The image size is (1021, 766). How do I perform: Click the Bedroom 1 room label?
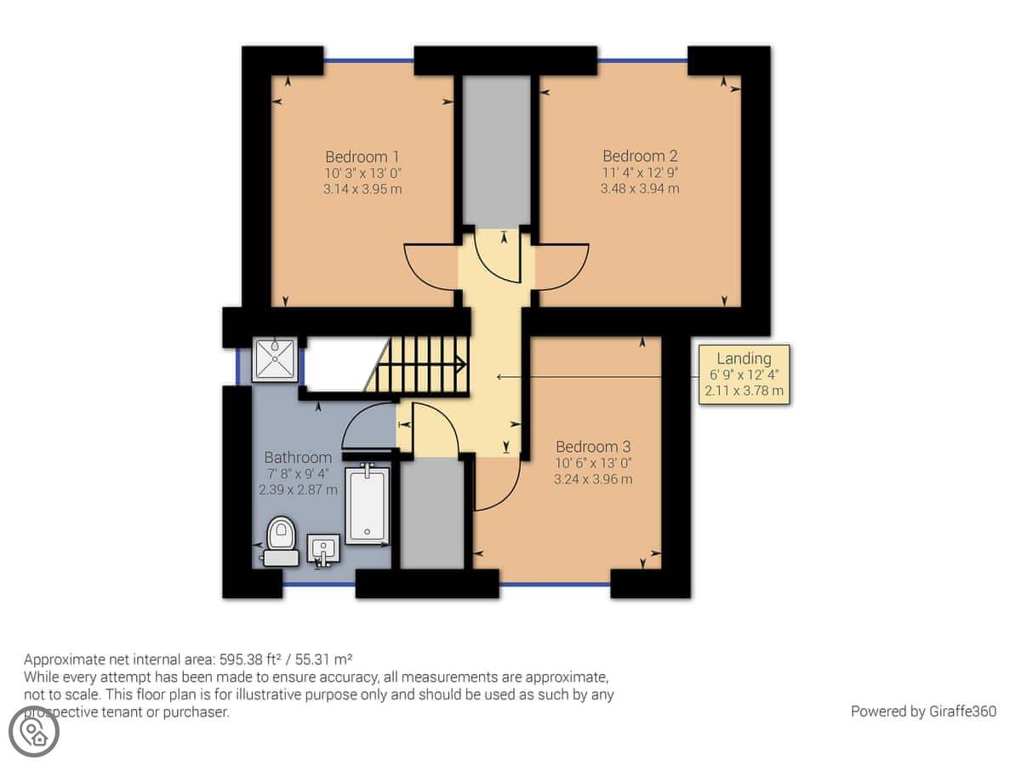click(x=362, y=157)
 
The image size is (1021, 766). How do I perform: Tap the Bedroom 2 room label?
click(x=640, y=156)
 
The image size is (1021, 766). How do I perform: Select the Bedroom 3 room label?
click(x=593, y=447)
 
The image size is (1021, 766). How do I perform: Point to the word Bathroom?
click(x=298, y=457)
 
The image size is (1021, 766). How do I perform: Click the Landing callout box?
click(x=744, y=374)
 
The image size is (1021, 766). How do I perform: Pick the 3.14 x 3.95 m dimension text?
click(x=362, y=189)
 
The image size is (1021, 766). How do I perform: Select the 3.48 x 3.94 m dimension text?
click(x=640, y=188)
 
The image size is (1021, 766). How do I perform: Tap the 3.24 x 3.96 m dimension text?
click(x=593, y=479)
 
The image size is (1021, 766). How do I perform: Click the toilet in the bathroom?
click(x=282, y=541)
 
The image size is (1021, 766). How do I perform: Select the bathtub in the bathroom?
click(x=368, y=505)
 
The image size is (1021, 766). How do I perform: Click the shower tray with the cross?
click(x=275, y=360)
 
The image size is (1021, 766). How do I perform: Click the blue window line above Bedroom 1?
click(x=368, y=60)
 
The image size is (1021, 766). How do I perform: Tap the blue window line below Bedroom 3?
click(x=555, y=584)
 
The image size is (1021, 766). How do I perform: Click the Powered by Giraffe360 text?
click(x=923, y=712)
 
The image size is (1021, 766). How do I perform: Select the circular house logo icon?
click(x=34, y=731)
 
